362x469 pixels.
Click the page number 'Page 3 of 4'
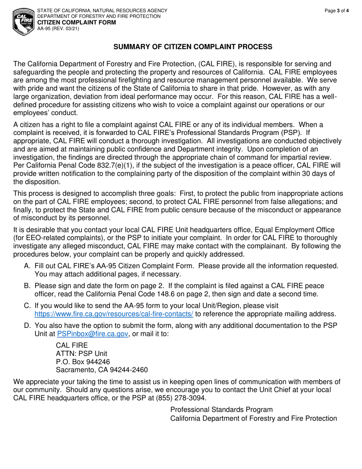click(337, 11)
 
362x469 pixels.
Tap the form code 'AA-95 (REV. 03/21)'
click(58, 28)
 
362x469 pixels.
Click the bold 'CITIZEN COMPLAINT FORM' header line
click(77, 22)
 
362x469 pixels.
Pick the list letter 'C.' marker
click(27, 306)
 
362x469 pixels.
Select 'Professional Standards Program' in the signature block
click(221, 410)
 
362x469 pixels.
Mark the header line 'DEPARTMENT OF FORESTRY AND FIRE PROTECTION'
click(99, 16)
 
